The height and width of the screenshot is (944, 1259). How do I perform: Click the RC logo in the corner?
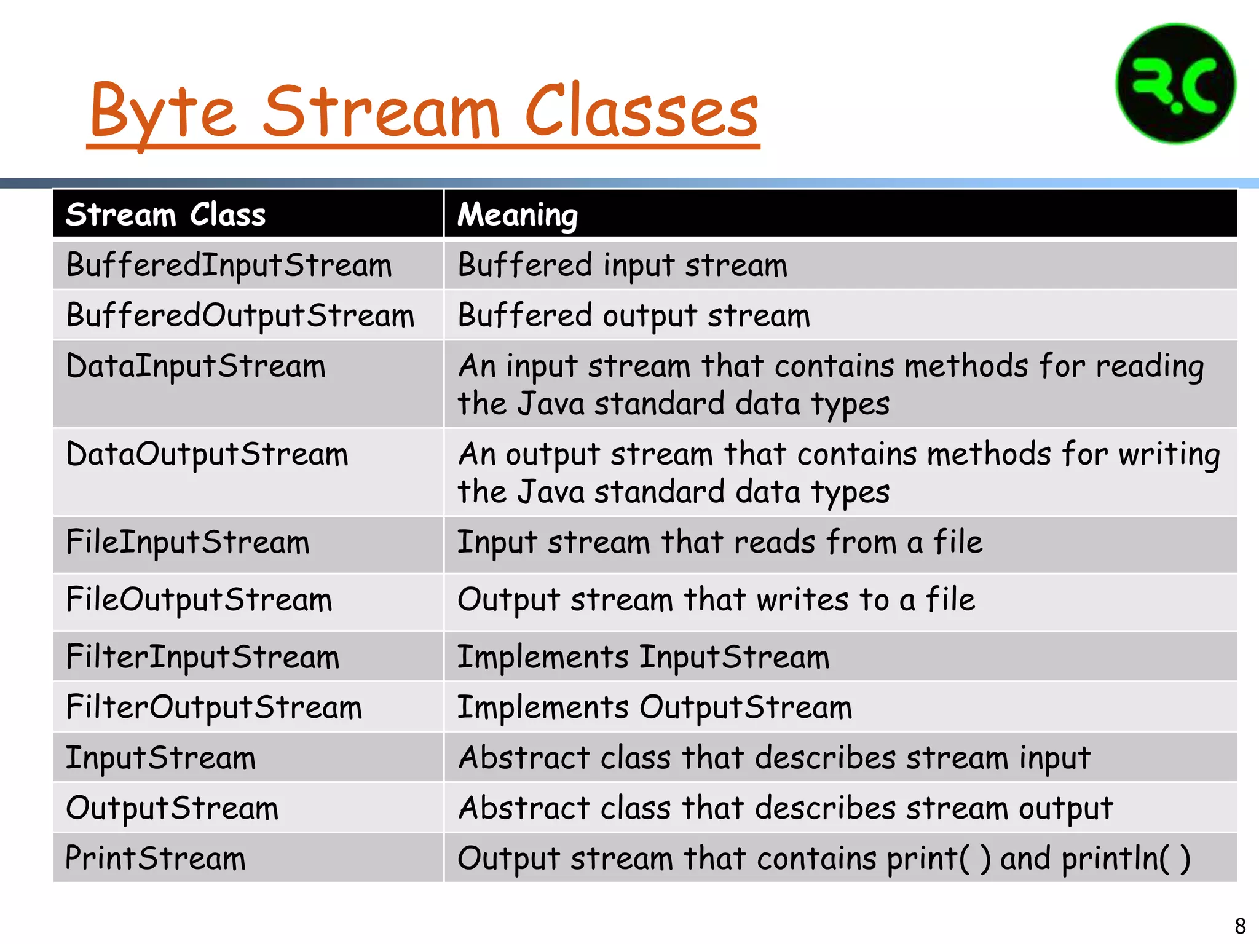coord(1175,84)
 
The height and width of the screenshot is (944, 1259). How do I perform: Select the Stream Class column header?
coord(165,215)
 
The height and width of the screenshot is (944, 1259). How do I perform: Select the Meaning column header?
coord(518,215)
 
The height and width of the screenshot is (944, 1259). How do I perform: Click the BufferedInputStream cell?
coord(229,265)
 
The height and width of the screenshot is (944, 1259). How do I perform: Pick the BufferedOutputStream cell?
coord(240,316)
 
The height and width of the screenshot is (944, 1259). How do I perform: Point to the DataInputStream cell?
coord(195,366)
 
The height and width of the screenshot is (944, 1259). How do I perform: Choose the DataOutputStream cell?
coord(207,455)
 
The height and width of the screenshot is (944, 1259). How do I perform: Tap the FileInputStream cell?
coord(187,543)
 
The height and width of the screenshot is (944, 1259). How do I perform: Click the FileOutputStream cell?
coord(199,600)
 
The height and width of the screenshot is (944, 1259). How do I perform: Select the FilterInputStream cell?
coord(202,657)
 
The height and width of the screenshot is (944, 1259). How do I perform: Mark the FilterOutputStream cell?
coord(214,707)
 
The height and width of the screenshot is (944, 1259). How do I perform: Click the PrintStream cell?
coord(155,859)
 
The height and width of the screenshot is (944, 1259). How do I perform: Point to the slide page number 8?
coord(1240,926)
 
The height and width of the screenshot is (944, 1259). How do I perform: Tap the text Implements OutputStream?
coord(655,707)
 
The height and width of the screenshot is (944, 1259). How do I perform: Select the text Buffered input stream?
coord(622,265)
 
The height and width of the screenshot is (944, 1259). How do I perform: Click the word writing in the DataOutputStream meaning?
coord(1169,455)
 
